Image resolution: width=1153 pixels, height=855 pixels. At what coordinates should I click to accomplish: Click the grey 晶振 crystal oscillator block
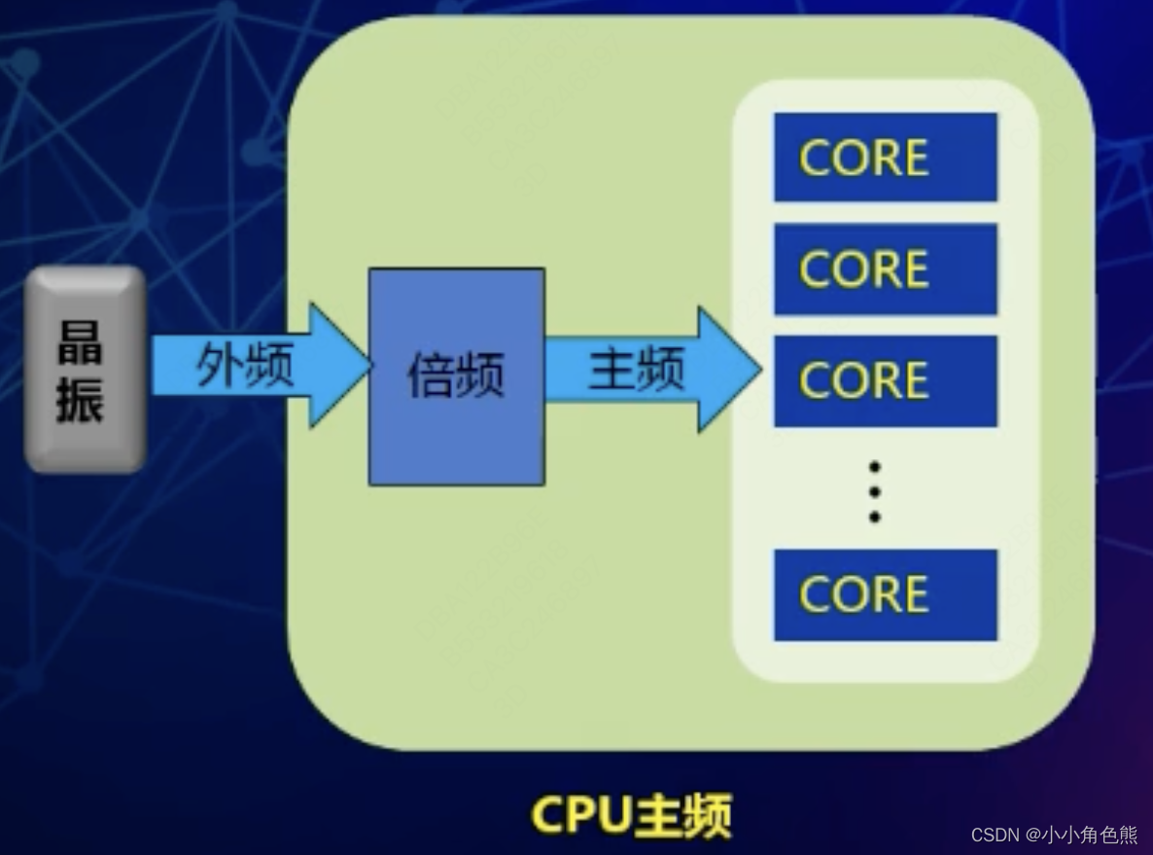pyautogui.click(x=86, y=370)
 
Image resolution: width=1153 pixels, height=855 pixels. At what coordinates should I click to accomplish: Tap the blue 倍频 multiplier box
pyautogui.click(x=456, y=376)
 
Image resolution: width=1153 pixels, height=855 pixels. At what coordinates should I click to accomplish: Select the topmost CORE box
pyautogui.click(x=885, y=158)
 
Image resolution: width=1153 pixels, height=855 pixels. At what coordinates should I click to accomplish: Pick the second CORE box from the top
pyautogui.click(x=885, y=269)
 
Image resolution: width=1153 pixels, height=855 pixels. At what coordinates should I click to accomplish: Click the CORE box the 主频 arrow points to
pyautogui.click(x=885, y=380)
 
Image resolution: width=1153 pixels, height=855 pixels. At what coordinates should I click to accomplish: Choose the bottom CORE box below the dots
pyautogui.click(x=885, y=594)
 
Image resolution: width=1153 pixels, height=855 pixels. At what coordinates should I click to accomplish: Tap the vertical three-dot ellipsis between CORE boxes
pyautogui.click(x=875, y=492)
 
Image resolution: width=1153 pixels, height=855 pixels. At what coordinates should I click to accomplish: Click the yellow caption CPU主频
pyautogui.click(x=631, y=815)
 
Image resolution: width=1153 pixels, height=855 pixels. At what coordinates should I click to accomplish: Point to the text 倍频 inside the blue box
pyautogui.click(x=456, y=375)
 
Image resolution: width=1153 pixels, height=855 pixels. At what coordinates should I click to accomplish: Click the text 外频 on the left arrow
pyautogui.click(x=245, y=366)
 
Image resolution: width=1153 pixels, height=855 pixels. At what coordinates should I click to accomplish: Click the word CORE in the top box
pyautogui.click(x=863, y=158)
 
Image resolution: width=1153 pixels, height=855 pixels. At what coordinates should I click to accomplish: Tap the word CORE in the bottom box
pyautogui.click(x=863, y=594)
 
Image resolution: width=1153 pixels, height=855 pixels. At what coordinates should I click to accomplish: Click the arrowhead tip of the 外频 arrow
pyautogui.click(x=367, y=365)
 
